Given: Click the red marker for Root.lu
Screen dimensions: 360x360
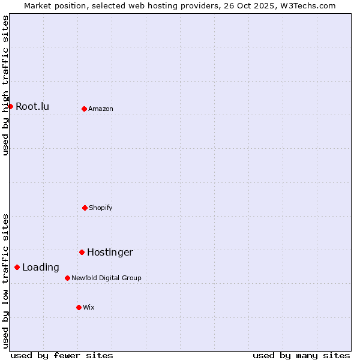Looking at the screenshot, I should [10, 106].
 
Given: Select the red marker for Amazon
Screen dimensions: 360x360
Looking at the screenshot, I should [84, 109].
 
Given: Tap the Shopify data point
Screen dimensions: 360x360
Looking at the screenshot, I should [85, 208].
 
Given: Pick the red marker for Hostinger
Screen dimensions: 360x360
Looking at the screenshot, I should [82, 252].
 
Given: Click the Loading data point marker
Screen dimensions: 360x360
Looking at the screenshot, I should [17, 267].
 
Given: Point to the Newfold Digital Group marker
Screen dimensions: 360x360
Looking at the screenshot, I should [67, 278].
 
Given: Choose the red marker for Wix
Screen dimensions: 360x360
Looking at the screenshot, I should [79, 307].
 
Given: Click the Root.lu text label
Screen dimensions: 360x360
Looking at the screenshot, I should [32, 107].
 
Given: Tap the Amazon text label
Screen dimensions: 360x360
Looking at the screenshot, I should [101, 109].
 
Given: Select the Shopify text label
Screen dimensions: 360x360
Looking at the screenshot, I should [101, 208].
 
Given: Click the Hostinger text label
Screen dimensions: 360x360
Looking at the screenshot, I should [110, 253].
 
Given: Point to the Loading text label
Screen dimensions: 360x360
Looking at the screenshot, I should [41, 268].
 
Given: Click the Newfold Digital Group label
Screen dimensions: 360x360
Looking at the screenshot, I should [106, 278].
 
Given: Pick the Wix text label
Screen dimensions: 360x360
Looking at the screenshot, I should [89, 308].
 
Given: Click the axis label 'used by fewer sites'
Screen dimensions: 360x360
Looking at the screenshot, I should [62, 355].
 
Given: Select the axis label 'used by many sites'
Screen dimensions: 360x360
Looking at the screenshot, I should [301, 355].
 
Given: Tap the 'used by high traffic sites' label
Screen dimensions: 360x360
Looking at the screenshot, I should [5, 85].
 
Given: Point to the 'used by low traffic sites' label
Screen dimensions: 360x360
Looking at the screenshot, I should [5, 281].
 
